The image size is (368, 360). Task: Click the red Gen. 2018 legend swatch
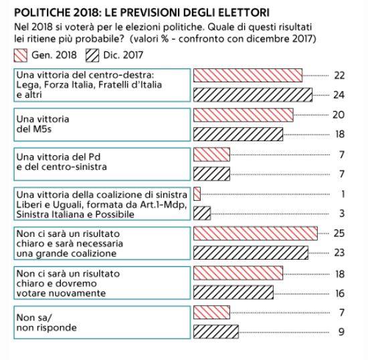coord(21,56)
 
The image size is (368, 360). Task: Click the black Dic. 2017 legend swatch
coord(92,56)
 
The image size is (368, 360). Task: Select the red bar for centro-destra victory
coord(248,76)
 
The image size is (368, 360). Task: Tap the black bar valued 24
coord(253,95)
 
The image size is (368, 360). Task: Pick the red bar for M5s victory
coord(244,115)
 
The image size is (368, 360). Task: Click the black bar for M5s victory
coord(238,134)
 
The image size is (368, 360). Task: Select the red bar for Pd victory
coord(211,155)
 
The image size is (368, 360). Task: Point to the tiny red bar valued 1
coord(197,194)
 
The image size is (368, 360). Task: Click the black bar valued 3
coord(202,213)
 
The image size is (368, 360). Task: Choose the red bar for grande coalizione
coord(256,234)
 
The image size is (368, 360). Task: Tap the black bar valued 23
coord(251,253)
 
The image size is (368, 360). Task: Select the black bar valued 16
coord(234,292)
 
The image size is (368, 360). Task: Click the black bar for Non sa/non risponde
coord(216,332)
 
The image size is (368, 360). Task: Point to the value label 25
coord(339,234)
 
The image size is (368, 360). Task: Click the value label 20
coord(339,115)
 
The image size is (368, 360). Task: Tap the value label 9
coord(341,332)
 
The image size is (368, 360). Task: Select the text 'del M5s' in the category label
coord(34,129)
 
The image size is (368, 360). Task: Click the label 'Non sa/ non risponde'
coord(46,323)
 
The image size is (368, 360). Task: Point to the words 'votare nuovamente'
coord(61,293)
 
